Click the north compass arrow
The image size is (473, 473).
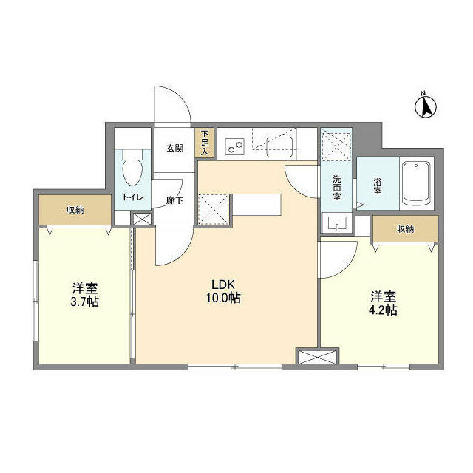426,107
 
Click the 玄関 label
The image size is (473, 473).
174,148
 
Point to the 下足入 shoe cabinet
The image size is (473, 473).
204,143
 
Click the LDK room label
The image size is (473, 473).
223,285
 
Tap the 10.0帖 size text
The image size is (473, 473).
223,299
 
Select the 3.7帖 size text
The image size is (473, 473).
86,302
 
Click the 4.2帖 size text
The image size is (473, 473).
384,310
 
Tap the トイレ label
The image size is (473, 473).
133,197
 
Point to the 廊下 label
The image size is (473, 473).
174,200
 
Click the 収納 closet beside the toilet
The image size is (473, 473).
75,210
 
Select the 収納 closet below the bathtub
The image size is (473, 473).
404,229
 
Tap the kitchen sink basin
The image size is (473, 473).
280,146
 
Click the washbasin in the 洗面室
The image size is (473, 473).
336,223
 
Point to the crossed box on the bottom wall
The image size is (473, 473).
316,358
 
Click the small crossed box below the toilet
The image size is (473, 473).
140,220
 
